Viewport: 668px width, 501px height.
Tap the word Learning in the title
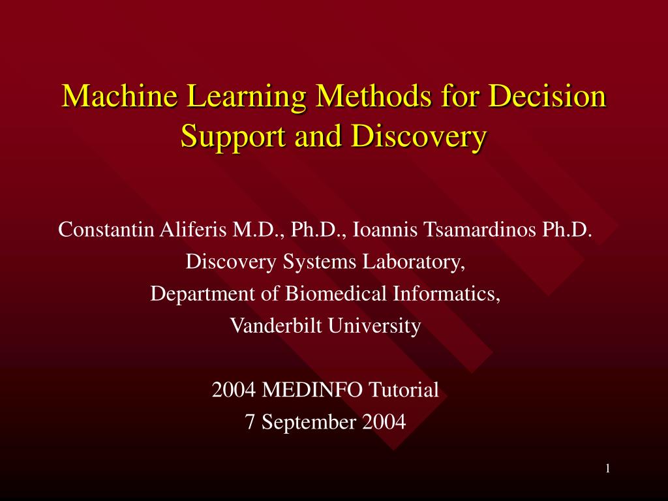coord(246,97)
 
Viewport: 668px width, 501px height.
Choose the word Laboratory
coord(414,262)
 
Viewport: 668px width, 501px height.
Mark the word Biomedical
coord(336,294)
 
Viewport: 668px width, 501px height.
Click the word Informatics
coord(446,294)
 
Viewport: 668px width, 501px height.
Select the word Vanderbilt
coord(276,326)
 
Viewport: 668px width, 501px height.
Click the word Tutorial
coord(404,389)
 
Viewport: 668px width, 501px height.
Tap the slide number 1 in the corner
coord(608,469)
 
